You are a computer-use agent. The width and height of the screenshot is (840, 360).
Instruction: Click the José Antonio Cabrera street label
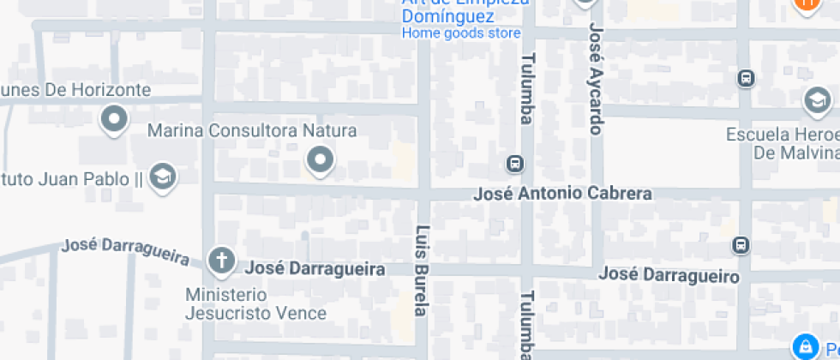coord(562,194)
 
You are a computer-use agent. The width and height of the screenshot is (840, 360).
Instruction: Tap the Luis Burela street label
coord(421,270)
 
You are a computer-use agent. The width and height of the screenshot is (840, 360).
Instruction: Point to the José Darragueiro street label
coord(669,275)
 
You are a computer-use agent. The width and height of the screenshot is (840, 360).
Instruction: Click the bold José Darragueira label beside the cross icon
coord(315,268)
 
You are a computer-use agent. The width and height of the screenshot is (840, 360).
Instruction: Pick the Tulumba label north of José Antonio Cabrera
coord(526,88)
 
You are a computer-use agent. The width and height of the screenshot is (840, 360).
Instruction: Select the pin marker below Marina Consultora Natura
coord(321,159)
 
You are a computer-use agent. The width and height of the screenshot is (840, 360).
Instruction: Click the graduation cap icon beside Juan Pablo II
coord(161,177)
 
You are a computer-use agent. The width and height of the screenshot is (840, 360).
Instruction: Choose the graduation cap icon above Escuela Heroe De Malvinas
coord(817,102)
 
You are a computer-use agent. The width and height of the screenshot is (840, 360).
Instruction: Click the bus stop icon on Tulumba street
coord(514,163)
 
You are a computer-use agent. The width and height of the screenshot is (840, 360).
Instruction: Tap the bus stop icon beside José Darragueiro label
coord(741,245)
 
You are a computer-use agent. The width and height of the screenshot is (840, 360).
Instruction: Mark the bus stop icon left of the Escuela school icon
coord(746,79)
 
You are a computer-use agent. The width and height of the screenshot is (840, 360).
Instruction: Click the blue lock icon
coord(805,346)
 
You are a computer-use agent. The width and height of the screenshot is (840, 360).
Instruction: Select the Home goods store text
coord(461,33)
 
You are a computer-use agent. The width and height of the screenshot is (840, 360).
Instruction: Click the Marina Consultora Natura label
coord(252,131)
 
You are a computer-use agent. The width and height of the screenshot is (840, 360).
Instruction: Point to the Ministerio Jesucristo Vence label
coord(255,303)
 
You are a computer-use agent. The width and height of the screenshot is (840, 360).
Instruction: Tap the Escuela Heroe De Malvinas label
coord(782,143)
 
